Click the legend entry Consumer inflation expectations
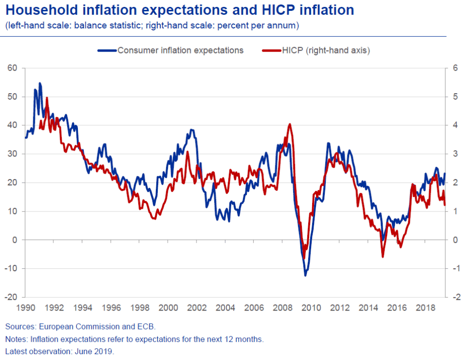click(180, 50)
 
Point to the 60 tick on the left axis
click(12, 68)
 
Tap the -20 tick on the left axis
click(11, 297)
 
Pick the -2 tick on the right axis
click(456, 297)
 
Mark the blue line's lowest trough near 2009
click(305, 276)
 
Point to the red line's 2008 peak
click(290, 124)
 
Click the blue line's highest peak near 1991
click(40, 83)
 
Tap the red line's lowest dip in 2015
click(383, 257)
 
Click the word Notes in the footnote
click(16, 339)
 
